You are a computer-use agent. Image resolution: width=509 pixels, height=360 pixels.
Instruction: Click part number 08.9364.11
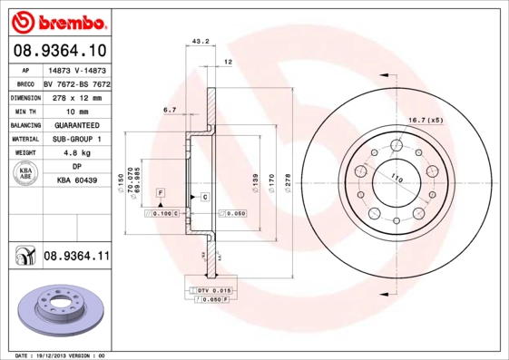(x=75, y=257)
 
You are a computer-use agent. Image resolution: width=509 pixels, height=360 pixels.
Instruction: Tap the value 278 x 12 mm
(x=75, y=96)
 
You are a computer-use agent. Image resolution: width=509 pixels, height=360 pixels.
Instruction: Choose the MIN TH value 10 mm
(x=75, y=111)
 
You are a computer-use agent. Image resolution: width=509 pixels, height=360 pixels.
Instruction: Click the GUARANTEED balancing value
(x=75, y=125)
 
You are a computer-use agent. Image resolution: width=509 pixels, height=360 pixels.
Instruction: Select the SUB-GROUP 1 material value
(x=75, y=140)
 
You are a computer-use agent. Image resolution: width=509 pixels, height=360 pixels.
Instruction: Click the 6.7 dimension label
(x=169, y=110)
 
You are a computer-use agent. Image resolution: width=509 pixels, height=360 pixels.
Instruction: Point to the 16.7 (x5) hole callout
(x=450, y=120)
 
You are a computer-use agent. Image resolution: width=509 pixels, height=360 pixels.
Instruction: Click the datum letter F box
(x=160, y=194)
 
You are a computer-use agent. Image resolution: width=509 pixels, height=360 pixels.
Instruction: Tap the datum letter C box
(x=205, y=197)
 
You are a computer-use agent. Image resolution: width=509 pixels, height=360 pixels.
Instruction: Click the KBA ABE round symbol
(x=25, y=174)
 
